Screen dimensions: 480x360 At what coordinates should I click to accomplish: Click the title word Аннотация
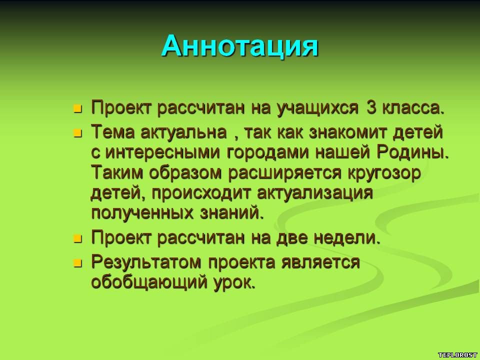(239, 46)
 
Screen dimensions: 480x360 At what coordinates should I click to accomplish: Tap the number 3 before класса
(371, 107)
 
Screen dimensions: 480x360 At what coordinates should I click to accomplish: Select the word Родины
(412, 152)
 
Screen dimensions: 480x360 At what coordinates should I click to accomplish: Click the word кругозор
(384, 173)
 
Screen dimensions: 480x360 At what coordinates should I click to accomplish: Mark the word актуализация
(315, 193)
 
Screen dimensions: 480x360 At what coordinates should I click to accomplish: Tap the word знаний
(231, 213)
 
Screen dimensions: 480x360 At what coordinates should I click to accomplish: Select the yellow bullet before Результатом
(78, 263)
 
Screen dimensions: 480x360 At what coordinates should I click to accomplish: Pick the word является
(320, 262)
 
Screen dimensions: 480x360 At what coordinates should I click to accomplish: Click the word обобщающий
(148, 282)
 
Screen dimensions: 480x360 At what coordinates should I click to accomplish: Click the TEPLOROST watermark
(457, 355)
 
